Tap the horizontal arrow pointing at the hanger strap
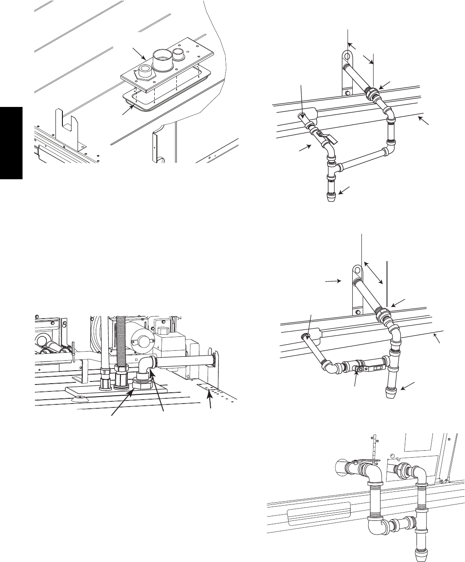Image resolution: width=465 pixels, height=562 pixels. coord(333,281)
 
